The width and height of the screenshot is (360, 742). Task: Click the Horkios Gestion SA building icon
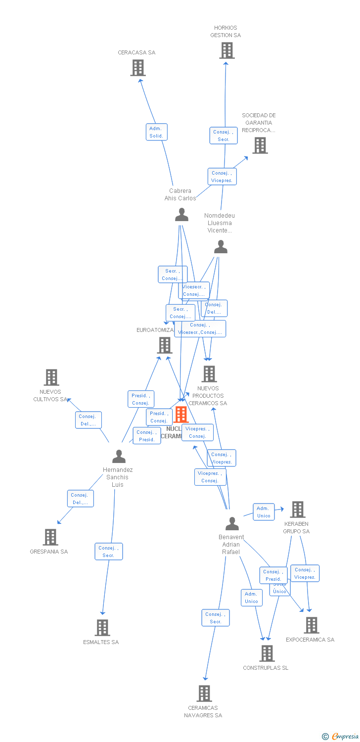[x=226, y=50]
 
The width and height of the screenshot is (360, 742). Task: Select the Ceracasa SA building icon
[x=138, y=68]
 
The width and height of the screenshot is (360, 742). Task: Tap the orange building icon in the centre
[x=181, y=415]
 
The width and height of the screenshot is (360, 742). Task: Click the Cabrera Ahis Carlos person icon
[x=182, y=215]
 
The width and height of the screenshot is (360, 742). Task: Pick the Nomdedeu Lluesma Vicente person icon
[x=221, y=247]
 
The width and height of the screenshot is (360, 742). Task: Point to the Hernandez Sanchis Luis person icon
[x=119, y=456]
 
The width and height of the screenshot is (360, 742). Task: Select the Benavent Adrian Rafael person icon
[x=232, y=523]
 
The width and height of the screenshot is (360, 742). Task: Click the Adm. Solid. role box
[x=157, y=132]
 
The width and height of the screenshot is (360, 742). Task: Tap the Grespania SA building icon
[x=50, y=537]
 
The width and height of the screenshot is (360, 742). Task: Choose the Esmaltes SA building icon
[x=102, y=628]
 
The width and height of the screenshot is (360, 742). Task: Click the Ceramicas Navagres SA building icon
[x=204, y=694]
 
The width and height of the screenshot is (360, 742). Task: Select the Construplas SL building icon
[x=267, y=653]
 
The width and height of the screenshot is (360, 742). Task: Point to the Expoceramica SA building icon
[x=312, y=625]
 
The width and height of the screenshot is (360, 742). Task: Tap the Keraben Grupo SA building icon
[x=297, y=510]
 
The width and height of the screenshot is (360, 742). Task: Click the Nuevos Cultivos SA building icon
[x=51, y=377]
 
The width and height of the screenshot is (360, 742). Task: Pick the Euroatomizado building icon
[x=165, y=345]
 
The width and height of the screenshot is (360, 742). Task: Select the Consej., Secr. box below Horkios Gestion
[x=224, y=136]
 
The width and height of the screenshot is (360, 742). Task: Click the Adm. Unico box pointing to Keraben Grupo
[x=264, y=512]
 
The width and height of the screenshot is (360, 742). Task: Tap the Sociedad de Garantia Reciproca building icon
[x=260, y=145]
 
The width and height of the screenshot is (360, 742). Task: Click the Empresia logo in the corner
[x=340, y=737]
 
